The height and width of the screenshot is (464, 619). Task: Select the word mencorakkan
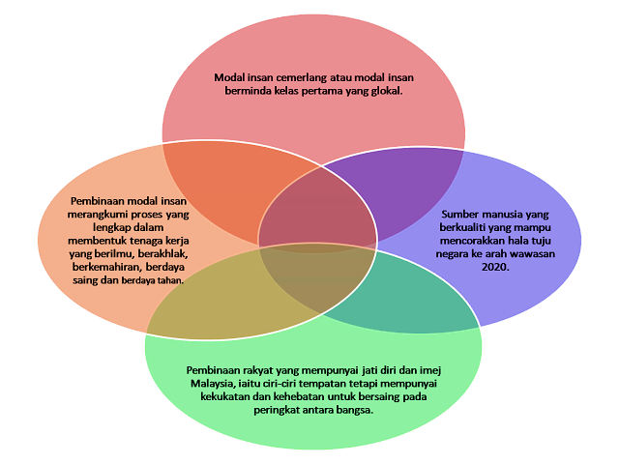[471, 240]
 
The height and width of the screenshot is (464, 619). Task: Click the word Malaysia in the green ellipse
[212, 383]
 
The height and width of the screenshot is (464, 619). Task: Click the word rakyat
[272, 370]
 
